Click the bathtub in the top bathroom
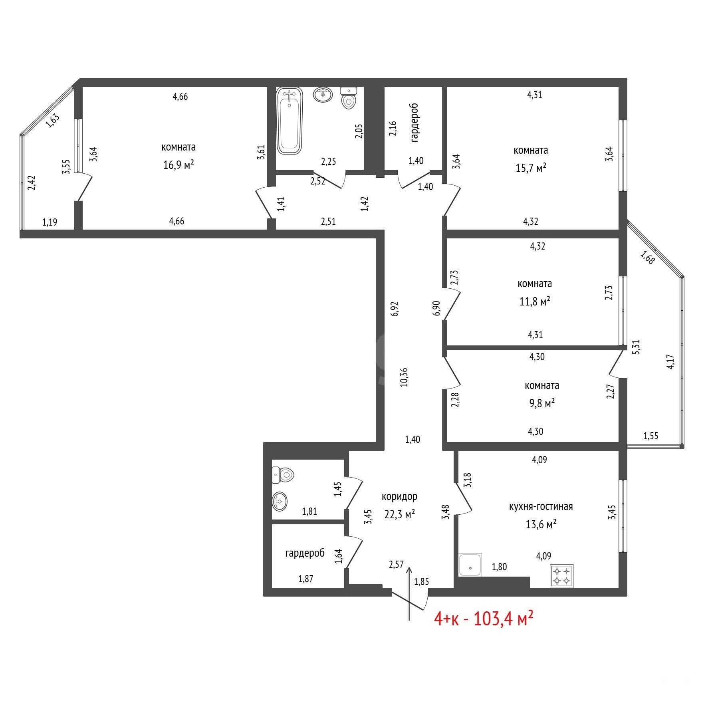[x=289, y=121]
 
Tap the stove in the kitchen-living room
[x=562, y=575]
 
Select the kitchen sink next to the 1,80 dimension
[x=470, y=565]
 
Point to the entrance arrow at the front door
[x=409, y=594]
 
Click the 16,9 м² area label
[x=178, y=165]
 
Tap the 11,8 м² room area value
[x=535, y=301]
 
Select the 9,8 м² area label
[x=542, y=403]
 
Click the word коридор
[x=400, y=496]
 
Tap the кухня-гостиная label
[x=541, y=506]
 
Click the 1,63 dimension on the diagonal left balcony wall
[x=53, y=121]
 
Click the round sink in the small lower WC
[x=280, y=501]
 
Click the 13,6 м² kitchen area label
[x=541, y=524]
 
